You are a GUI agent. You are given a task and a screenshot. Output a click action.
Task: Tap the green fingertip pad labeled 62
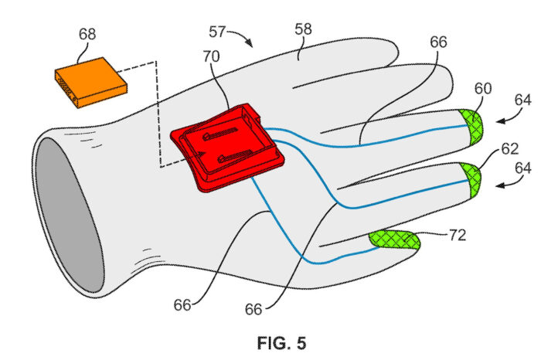(x=470, y=178)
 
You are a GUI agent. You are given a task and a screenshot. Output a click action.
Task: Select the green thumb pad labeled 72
(x=393, y=241)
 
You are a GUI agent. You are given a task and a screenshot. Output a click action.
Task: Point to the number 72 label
(x=457, y=236)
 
